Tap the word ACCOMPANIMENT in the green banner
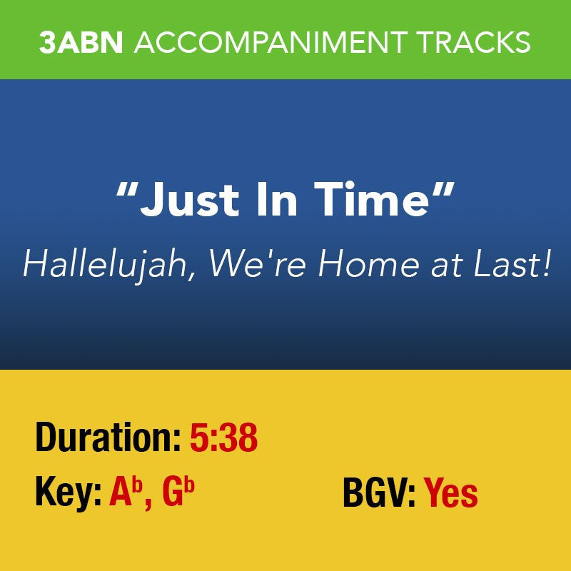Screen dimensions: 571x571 [273, 42]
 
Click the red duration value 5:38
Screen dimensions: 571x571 [223, 438]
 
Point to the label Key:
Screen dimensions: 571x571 [69, 493]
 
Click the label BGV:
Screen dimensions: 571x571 [379, 493]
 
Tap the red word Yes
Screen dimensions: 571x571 [451, 493]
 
